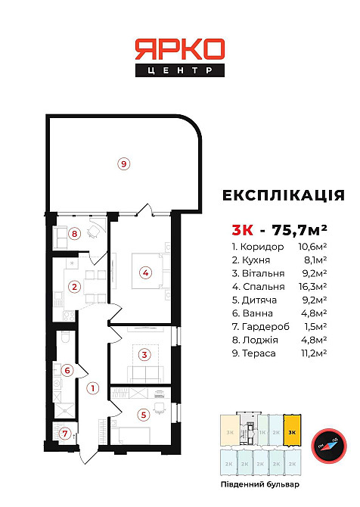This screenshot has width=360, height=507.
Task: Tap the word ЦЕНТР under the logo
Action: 180,70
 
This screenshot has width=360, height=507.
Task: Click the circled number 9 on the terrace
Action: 124,162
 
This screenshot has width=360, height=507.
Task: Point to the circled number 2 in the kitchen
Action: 74,286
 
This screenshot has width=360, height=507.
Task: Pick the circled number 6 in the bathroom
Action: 67,371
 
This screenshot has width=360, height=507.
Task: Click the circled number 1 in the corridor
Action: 93,389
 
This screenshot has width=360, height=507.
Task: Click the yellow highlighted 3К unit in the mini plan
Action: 292,432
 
